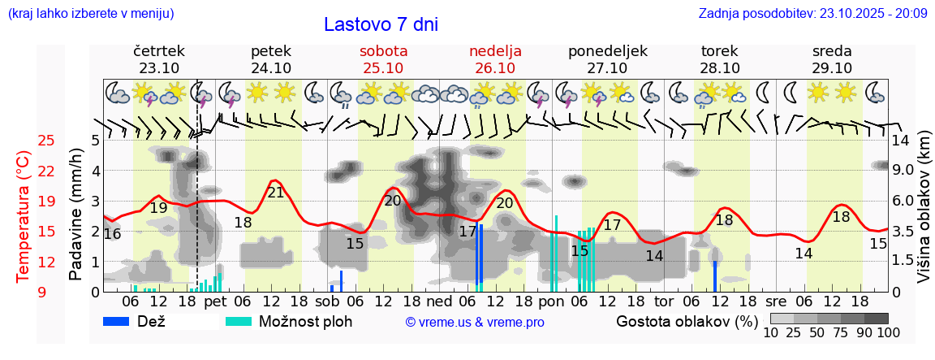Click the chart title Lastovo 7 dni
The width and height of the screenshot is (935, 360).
(x=381, y=24)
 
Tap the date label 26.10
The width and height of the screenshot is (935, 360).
(x=495, y=68)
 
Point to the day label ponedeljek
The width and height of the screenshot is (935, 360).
(x=607, y=50)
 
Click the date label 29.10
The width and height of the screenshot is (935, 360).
(x=832, y=68)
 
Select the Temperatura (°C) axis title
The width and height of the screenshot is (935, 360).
(x=23, y=216)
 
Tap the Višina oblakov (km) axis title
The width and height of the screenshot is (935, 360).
(x=924, y=207)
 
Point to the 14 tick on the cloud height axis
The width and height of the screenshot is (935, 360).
(x=900, y=141)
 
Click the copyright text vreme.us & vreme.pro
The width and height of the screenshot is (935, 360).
(x=475, y=323)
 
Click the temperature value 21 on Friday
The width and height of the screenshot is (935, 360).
(x=276, y=193)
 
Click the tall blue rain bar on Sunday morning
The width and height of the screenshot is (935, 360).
(x=480, y=255)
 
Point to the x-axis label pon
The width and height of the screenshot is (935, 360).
(x=551, y=301)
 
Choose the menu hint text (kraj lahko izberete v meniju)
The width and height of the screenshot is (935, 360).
(x=90, y=13)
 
